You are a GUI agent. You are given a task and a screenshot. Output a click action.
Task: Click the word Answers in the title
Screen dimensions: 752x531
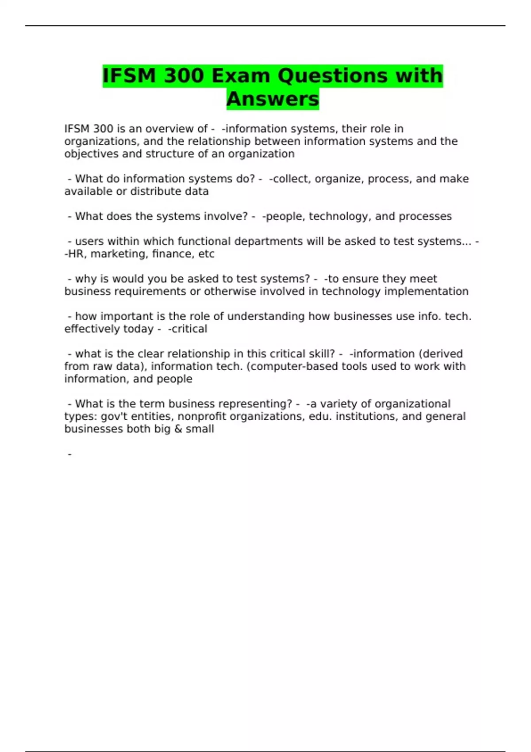coord(273,99)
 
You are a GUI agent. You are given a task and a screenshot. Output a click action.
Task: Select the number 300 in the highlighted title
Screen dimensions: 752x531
coord(183,75)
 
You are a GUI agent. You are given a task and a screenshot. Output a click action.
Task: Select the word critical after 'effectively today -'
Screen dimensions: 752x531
coord(189,329)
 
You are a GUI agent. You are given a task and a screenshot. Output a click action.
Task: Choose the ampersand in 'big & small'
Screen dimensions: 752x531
coord(178,429)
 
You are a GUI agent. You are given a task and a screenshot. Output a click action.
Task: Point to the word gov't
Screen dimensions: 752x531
coord(113,416)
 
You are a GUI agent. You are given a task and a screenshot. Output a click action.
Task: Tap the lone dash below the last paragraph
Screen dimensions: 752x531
coord(69,454)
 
